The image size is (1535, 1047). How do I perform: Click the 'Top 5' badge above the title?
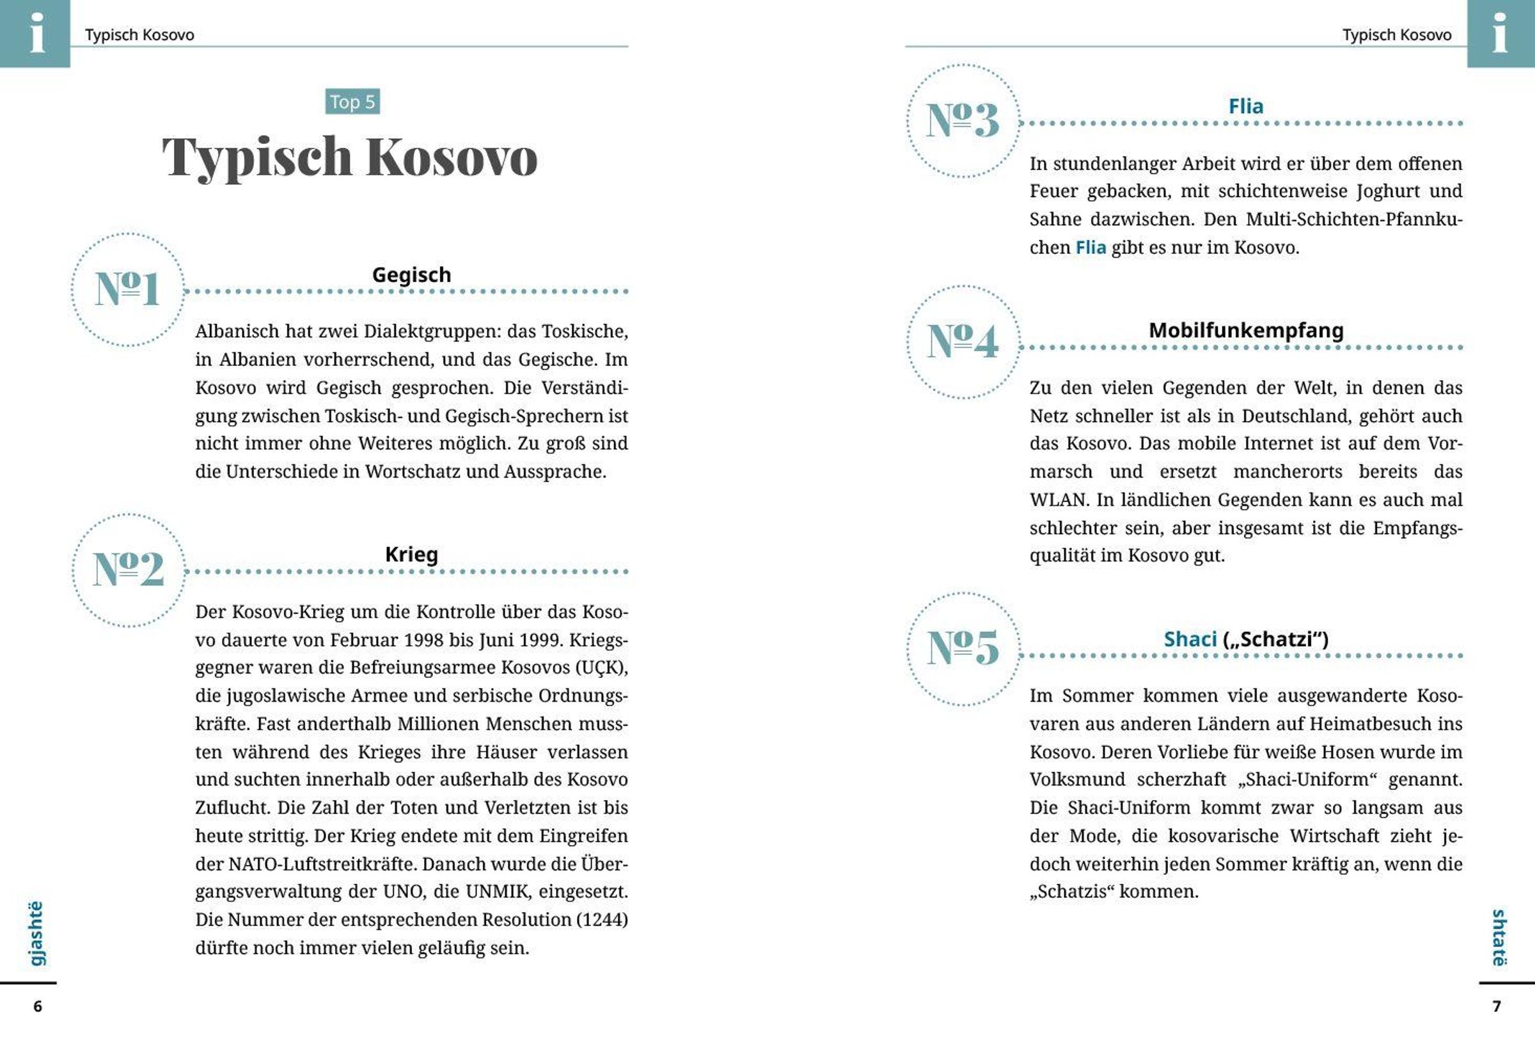352,102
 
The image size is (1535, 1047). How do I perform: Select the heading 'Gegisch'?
411,274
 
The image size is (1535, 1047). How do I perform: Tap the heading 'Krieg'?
411,555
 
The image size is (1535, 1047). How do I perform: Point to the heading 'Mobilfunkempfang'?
1246,329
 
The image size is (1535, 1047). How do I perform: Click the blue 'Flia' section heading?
1246,106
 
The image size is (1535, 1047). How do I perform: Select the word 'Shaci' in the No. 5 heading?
1190,639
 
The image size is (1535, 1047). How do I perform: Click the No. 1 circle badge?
127,289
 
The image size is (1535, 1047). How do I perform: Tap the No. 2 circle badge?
129,569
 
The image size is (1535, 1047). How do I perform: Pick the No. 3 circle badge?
963,121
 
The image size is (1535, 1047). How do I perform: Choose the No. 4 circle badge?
963,342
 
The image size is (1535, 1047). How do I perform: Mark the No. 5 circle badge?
963,648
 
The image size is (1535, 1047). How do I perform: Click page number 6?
38,1006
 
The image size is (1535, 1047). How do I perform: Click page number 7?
1497,1006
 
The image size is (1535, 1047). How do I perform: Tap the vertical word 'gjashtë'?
36,933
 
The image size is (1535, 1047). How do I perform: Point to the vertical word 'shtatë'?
1499,938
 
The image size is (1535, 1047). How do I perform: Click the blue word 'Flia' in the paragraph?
1090,248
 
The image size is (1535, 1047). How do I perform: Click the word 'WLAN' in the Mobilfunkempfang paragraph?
1059,500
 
